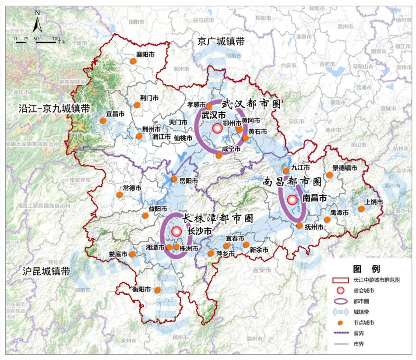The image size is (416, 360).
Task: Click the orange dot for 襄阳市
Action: tap(134, 61)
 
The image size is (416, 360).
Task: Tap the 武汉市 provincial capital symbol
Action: tap(217, 128)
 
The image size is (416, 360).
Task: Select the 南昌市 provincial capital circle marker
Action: tap(292, 200)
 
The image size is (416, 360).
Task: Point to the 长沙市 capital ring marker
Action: tap(176, 231)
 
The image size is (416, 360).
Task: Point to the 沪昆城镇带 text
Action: tap(46, 271)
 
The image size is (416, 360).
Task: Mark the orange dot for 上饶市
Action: tap(361, 209)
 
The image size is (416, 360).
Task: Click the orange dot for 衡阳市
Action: tap(157, 290)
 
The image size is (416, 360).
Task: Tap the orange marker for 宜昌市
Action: tap(103, 120)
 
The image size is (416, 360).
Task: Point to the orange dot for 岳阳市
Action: tap(174, 179)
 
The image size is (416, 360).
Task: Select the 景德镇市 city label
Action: tap(345, 168)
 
